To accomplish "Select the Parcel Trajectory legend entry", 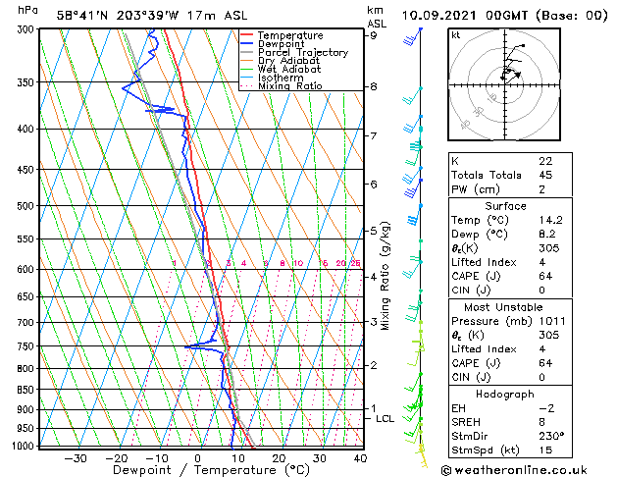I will pos(302,53).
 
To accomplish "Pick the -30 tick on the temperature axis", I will pos(75,458).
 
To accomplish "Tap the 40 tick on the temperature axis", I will pos(359,458).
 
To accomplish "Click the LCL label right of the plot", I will pos(385,419).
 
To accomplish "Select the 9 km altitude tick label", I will pos(373,35).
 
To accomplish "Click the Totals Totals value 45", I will pos(545,176).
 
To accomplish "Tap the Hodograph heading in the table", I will pos(506,393).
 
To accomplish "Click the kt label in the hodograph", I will pos(455,34).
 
